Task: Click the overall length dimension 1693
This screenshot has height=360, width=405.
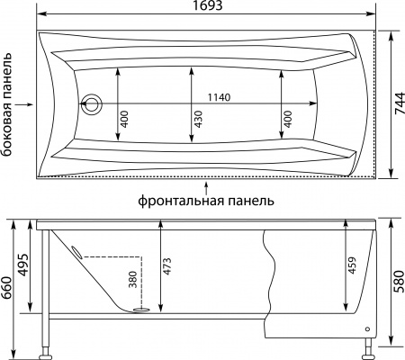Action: [208, 7]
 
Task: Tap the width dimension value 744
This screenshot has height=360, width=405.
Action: [397, 104]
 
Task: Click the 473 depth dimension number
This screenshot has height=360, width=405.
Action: [167, 267]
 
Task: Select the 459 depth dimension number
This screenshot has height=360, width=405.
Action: [353, 267]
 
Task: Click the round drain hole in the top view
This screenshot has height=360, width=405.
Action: [91, 104]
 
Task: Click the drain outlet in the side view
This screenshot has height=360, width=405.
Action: [141, 310]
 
